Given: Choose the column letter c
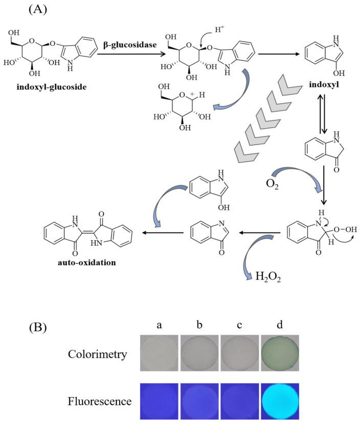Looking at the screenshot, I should click(239, 325).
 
